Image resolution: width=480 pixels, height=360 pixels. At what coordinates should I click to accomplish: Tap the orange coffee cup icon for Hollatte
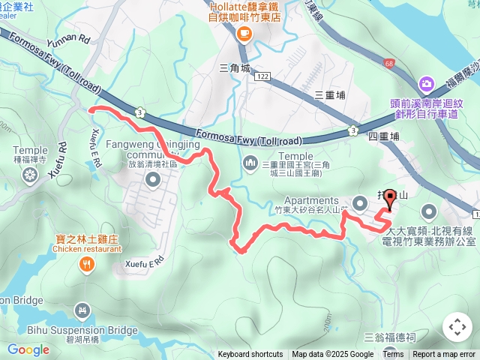244,33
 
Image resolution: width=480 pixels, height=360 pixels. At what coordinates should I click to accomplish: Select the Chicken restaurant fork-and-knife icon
88,263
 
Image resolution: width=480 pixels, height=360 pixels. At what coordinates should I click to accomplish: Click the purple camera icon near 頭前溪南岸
427,83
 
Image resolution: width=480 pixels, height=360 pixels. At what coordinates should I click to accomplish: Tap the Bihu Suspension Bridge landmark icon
82,310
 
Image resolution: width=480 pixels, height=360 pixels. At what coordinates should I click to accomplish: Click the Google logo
28,349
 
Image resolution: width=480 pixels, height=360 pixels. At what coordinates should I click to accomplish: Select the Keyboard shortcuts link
250,355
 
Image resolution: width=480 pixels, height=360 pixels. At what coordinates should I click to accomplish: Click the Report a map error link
444,355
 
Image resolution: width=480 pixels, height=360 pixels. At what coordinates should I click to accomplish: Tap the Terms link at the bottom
393,355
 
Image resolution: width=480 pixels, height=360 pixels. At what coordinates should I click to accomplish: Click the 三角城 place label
234,67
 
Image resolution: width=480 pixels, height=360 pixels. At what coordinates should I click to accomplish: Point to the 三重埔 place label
328,94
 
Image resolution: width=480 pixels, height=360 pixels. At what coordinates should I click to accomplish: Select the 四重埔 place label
384,136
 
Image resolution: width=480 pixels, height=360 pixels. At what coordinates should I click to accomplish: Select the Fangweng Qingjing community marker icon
154,179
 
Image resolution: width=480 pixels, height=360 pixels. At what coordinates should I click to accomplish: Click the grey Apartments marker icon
360,202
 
